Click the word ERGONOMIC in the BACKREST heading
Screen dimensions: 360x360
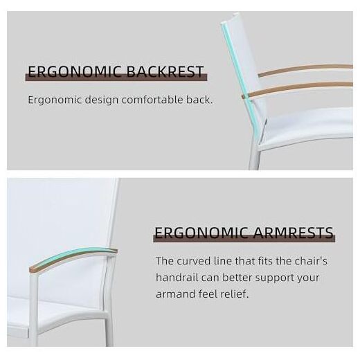pyautogui.click(x=75, y=71)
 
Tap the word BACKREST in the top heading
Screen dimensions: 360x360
pyautogui.click(x=165, y=71)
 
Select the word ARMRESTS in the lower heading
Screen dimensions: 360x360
pyautogui.click(x=293, y=233)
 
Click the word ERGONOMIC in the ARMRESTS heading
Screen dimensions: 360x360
pyautogui.click(x=201, y=233)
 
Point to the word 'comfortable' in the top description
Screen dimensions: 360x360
pyautogui.click(x=152, y=100)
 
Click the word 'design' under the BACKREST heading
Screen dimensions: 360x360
pyautogui.click(x=102, y=100)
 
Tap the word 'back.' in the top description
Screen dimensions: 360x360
pyautogui.click(x=199, y=100)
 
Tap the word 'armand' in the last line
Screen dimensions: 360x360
pyautogui.click(x=175, y=294)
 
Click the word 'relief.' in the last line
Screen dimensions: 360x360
pyautogui.click(x=235, y=294)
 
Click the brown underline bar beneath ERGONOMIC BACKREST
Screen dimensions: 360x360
pyautogui.click(x=116, y=78)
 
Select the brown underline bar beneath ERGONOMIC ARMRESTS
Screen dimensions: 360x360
pyautogui.click(x=244, y=238)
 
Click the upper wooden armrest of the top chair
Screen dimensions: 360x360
pyautogui.click(x=305, y=70)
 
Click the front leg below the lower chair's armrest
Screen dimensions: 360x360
pyautogui.click(x=33, y=309)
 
